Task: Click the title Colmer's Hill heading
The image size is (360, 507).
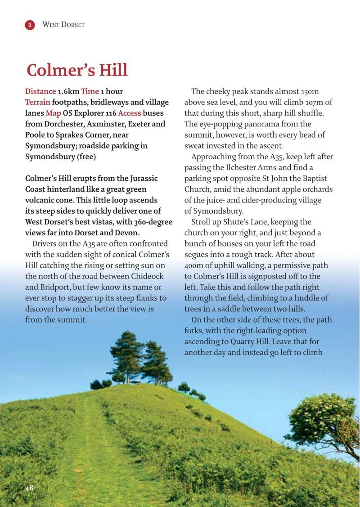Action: pos(77,70)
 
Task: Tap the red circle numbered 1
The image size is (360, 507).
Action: pos(30,25)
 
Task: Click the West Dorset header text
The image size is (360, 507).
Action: pos(63,25)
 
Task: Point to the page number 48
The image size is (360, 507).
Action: pos(30,488)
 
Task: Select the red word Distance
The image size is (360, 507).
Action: pos(40,91)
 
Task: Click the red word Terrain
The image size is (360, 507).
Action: pos(37,102)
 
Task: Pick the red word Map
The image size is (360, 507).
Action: pos(53,113)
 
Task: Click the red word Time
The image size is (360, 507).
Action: pos(90,91)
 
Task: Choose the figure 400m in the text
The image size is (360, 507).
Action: pos(196,265)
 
